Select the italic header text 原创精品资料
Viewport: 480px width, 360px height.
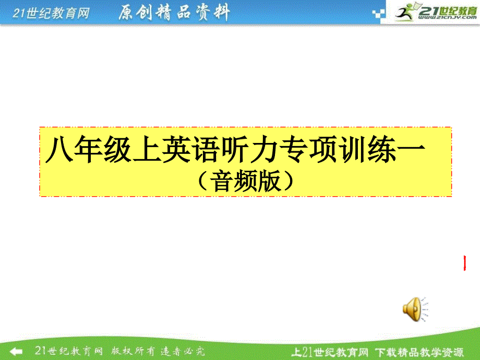click(173, 13)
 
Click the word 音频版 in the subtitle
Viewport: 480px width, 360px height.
click(246, 181)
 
